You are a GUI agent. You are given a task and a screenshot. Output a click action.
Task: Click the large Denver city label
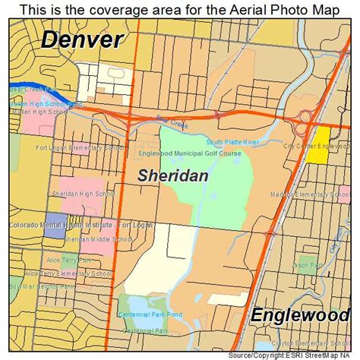tap(81, 40)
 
